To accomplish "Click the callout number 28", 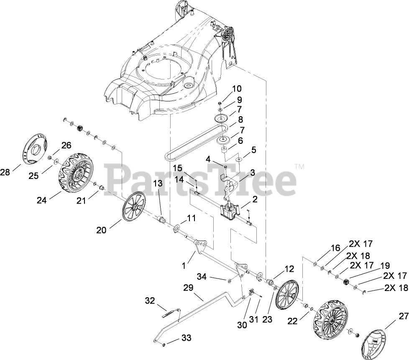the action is click(x=5, y=172).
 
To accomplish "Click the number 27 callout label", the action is click(x=403, y=316).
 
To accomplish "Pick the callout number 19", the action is click(x=385, y=266).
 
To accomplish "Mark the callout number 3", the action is click(x=252, y=173).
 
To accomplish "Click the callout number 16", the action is click(x=336, y=248).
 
